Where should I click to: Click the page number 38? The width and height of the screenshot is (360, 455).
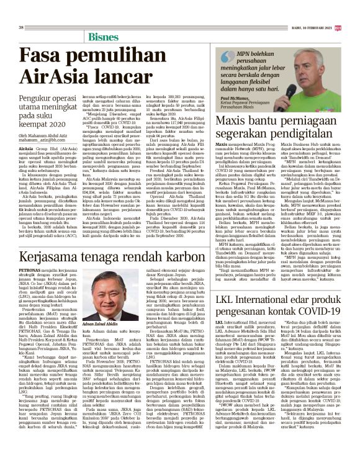point(21,27)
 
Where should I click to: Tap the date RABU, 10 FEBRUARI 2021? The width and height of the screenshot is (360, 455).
point(322,27)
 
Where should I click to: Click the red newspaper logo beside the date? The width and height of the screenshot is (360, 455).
point(354,27)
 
